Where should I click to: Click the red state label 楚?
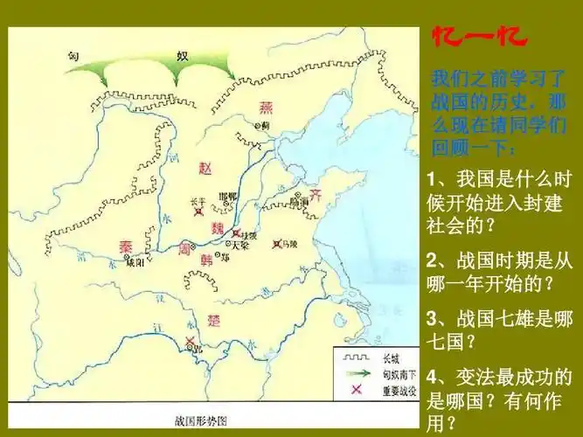pyautogui.click(x=214, y=320)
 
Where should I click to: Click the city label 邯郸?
pyautogui.click(x=227, y=197)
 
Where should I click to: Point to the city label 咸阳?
pyautogui.click(x=134, y=261)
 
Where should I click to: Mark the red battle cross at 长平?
pyautogui.click(x=199, y=212)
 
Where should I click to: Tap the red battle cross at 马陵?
pyautogui.click(x=277, y=244)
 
